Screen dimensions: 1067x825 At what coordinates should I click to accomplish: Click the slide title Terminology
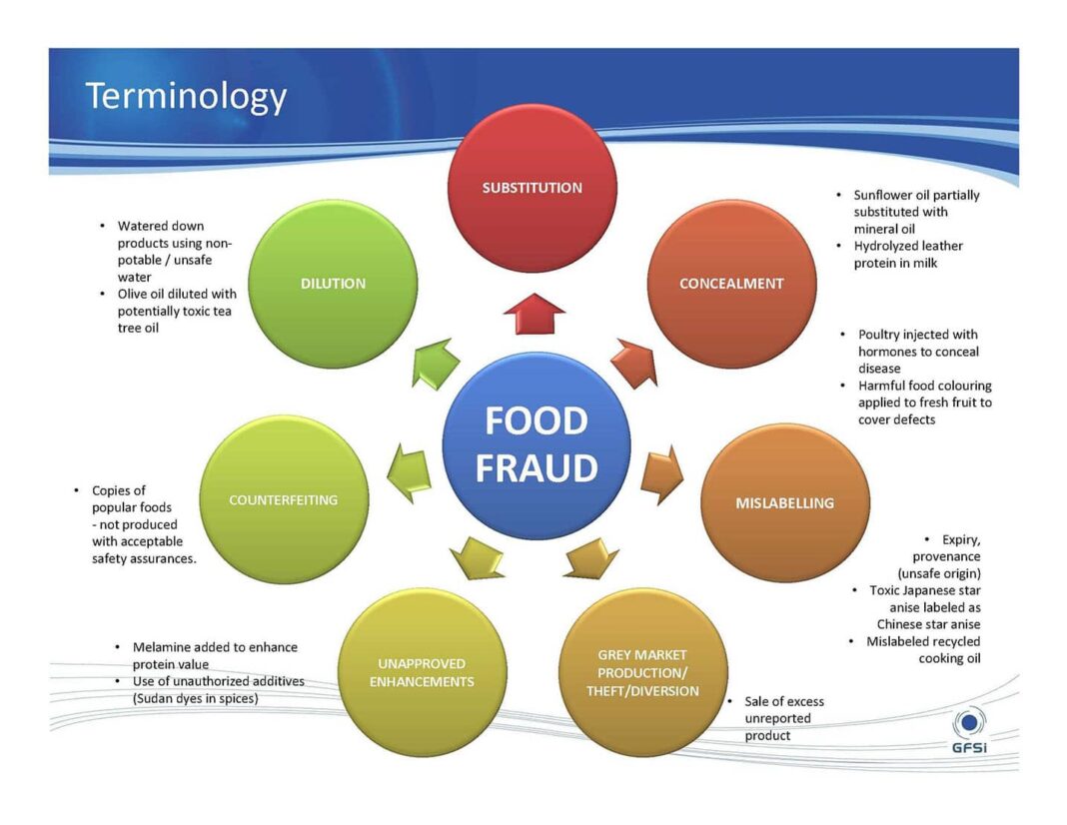coord(186,97)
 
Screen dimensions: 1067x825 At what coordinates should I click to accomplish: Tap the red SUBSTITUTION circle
coord(533,189)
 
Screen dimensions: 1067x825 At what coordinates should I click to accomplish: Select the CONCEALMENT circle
coord(731,284)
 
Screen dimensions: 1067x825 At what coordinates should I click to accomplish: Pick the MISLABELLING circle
coord(784,502)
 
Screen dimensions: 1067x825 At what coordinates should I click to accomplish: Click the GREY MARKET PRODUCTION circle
coord(642,672)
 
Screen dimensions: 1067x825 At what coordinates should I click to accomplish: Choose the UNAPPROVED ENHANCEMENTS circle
coord(422,672)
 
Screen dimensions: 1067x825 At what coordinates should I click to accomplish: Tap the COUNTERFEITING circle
coord(284,500)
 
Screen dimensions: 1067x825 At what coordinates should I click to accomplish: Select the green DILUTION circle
coord(333,284)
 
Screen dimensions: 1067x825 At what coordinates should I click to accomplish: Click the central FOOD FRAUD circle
coord(536,445)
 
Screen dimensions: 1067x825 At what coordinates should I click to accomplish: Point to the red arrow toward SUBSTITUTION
coord(534,314)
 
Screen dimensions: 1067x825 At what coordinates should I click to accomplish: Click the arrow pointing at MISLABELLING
coord(662,474)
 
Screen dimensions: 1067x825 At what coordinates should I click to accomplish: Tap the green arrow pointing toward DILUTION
coord(435,364)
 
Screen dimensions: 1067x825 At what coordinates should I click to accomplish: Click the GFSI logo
coord(969,731)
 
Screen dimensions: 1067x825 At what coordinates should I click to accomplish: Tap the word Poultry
coord(879,335)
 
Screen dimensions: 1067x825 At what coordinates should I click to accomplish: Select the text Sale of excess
coord(784,701)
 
